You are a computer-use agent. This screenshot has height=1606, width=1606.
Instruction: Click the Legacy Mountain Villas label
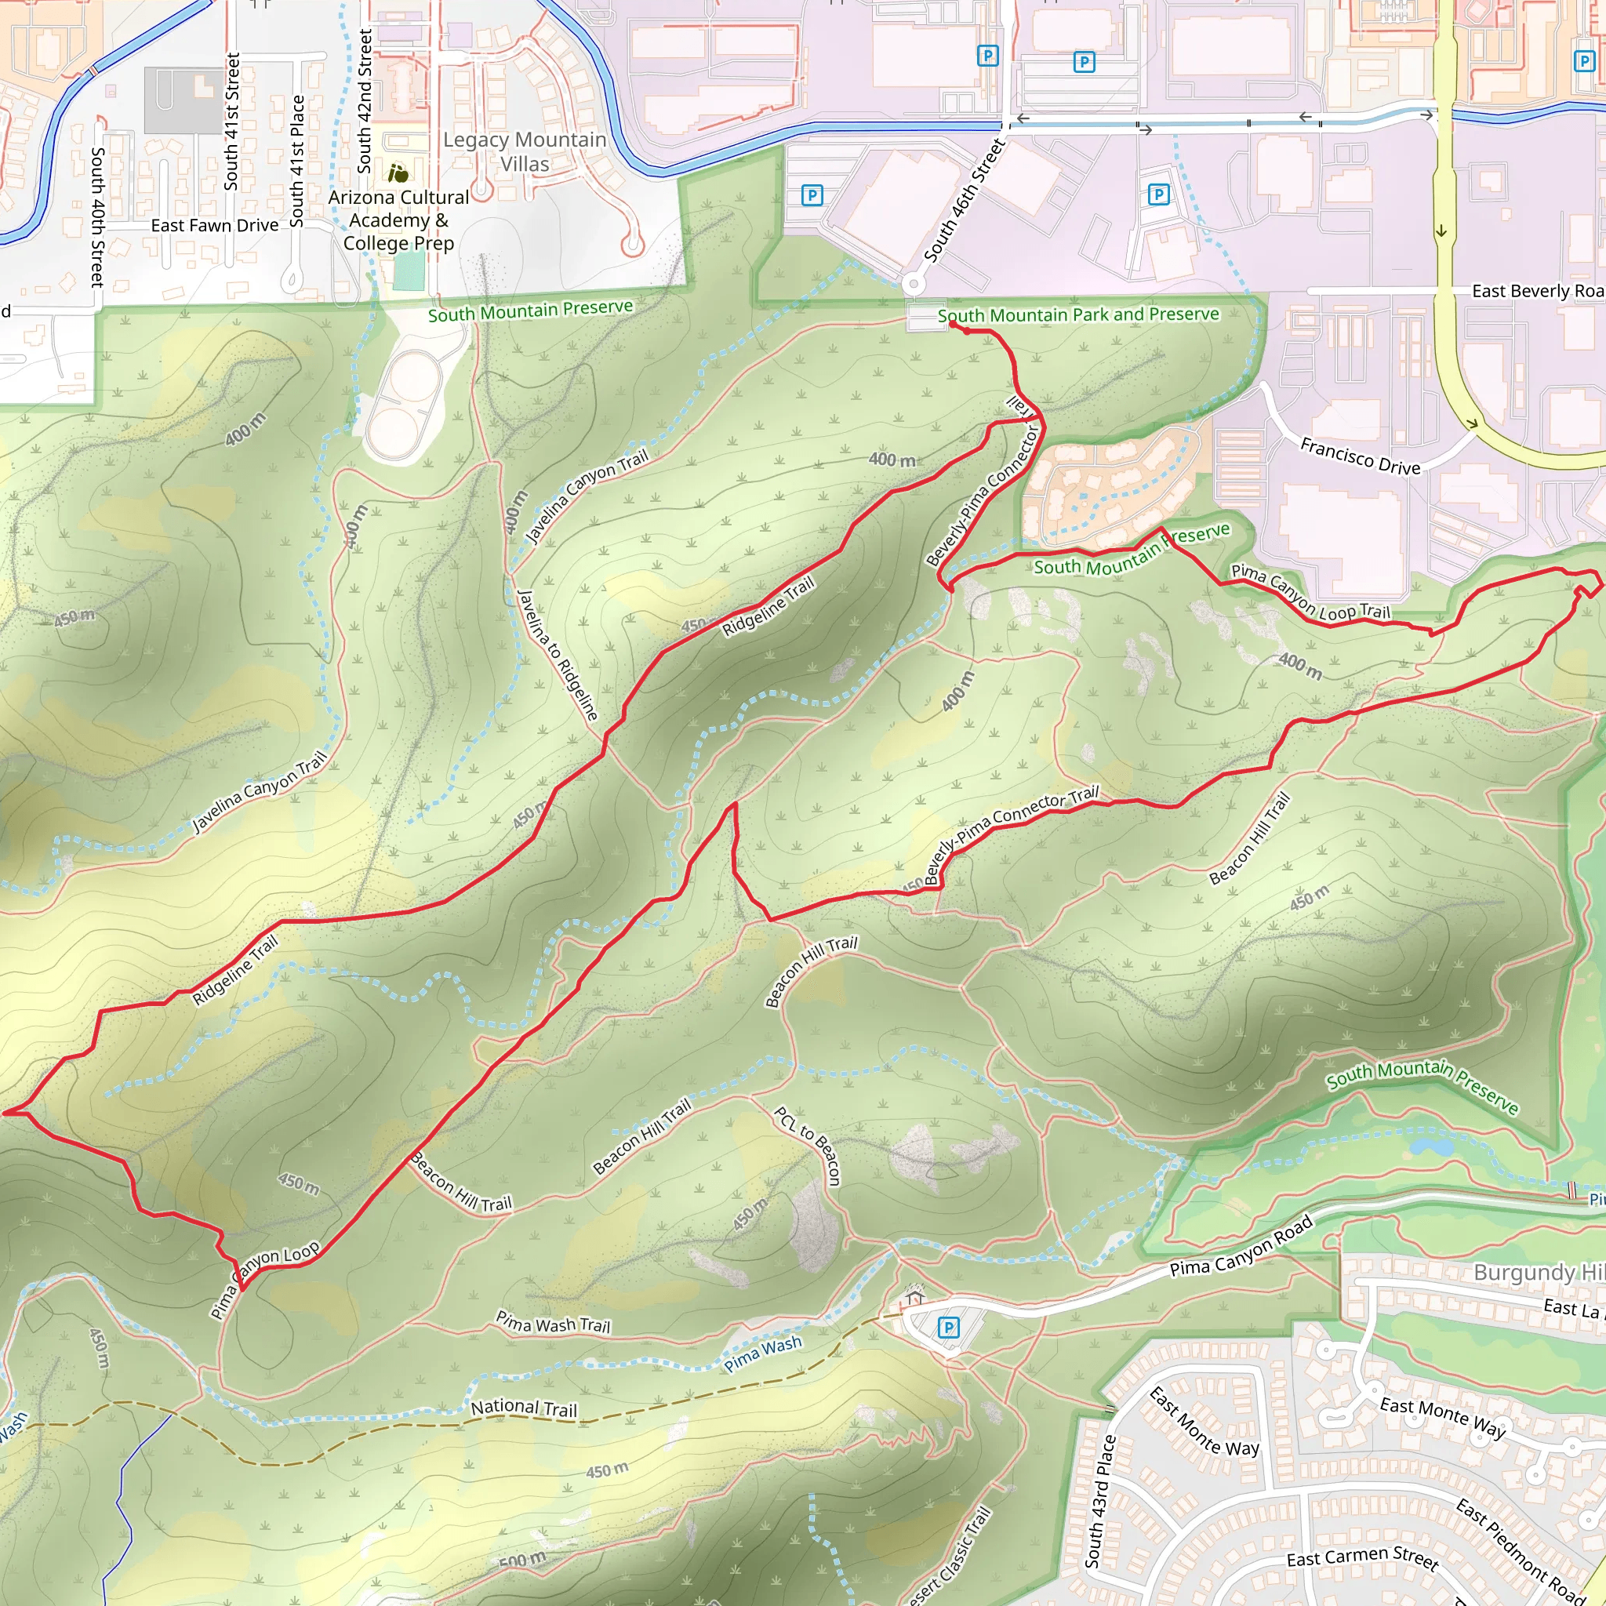point(525,151)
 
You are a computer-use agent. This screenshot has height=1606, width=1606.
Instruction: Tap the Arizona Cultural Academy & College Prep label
point(398,220)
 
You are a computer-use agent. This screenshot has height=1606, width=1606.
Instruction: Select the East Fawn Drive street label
point(214,225)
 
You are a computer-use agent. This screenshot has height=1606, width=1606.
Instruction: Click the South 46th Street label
point(965,202)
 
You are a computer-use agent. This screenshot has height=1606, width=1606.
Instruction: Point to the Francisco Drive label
point(1360,456)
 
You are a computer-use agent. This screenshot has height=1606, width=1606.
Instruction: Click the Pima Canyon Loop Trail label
point(1310,593)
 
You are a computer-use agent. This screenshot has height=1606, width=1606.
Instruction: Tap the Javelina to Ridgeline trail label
point(557,655)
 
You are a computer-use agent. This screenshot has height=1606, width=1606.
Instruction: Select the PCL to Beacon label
point(807,1146)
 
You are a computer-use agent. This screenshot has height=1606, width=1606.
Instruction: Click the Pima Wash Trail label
point(553,1321)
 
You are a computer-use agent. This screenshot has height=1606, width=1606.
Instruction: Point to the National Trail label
point(524,1408)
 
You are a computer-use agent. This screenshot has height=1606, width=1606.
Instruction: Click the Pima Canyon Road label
point(1241,1246)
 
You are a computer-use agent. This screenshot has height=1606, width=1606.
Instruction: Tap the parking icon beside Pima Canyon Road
point(949,1328)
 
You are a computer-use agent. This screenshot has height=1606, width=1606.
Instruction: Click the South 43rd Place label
point(1099,1501)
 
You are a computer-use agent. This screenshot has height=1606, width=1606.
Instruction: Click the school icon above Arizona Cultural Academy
point(398,174)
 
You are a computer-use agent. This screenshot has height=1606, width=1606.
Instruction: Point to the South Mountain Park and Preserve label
point(1078,315)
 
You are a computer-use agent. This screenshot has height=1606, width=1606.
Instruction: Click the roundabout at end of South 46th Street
point(914,285)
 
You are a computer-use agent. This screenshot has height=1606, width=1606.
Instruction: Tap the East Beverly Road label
point(1536,291)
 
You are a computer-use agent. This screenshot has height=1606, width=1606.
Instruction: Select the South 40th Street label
point(97,217)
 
